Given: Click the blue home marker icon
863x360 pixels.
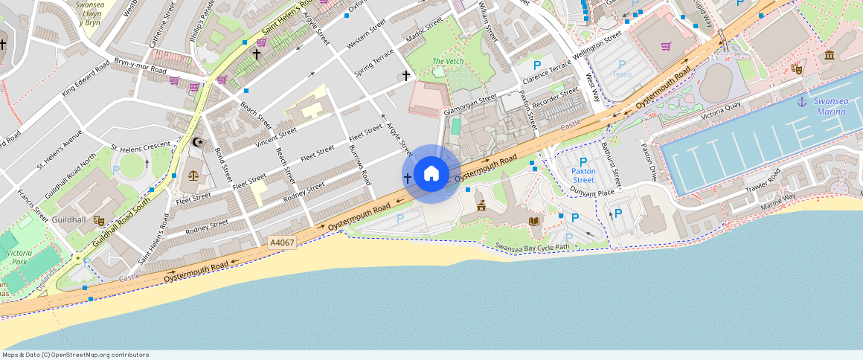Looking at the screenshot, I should [x=431, y=174].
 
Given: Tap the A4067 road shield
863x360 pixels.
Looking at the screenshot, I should [x=283, y=242].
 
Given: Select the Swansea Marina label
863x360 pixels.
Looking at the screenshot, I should [x=830, y=106].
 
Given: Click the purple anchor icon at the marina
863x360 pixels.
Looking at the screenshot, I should [x=801, y=101].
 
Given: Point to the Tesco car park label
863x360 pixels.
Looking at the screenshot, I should [x=621, y=74].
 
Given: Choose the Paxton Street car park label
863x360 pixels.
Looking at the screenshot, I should [x=583, y=176].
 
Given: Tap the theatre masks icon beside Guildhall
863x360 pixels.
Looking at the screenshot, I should [x=99, y=220].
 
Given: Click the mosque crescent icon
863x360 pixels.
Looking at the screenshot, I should [x=197, y=141].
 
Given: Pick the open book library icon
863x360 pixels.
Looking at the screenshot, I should [x=534, y=221].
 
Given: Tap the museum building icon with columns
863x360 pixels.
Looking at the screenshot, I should [x=829, y=56].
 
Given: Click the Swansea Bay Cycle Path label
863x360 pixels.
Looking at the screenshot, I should [x=532, y=247].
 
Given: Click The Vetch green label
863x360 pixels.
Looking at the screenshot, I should [x=448, y=61].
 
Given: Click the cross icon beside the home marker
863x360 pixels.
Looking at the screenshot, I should [x=407, y=179].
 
